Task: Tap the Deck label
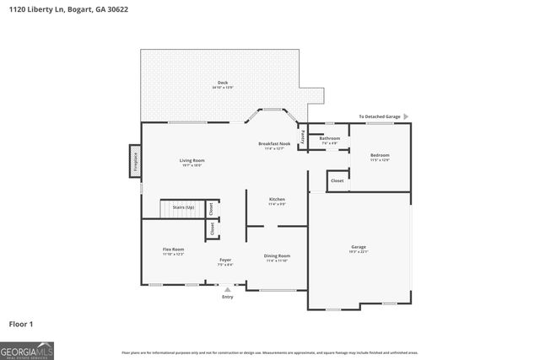[x=223, y=83]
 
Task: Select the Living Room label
[x=192, y=160]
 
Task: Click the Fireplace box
[x=134, y=161]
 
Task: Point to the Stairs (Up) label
[x=183, y=207]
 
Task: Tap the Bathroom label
[x=329, y=138]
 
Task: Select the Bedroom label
[x=380, y=155]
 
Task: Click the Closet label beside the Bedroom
[x=337, y=180]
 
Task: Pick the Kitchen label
[x=278, y=199]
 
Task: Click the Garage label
[x=359, y=247]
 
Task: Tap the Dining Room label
[x=278, y=255]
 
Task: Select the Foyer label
[x=225, y=260]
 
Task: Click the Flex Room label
[x=173, y=250]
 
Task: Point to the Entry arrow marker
[x=227, y=289]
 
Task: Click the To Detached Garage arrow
[x=405, y=116]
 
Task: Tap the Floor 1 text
[x=21, y=323]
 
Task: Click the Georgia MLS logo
[x=27, y=348]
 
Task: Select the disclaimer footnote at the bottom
[x=270, y=352]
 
